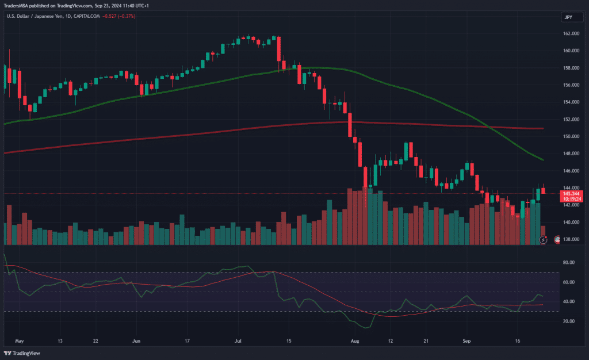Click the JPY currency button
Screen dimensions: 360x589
pyautogui.click(x=568, y=17)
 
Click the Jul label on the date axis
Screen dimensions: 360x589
pyautogui.click(x=238, y=341)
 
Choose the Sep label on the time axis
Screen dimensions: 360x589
pyautogui.click(x=467, y=341)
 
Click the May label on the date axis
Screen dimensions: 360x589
pyautogui.click(x=19, y=341)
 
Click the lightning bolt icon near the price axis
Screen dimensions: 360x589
pyautogui.click(x=544, y=239)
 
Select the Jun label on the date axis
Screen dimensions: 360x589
pyautogui.click(x=136, y=341)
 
